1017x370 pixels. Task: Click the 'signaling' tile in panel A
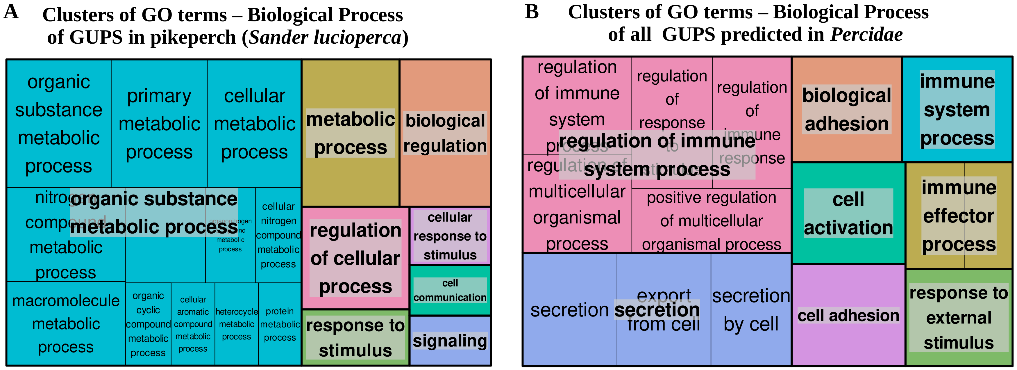point(450,340)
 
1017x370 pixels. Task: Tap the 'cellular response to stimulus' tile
point(450,236)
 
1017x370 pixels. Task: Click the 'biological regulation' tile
point(445,133)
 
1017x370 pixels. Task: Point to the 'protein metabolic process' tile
point(280,324)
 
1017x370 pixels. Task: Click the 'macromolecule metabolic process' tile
point(66,323)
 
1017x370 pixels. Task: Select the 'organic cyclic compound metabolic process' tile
point(148,324)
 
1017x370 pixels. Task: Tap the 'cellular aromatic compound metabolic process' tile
point(193,324)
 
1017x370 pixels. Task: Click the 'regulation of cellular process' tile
point(355,258)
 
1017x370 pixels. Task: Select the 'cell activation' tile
point(848,214)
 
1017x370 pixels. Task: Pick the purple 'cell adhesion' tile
point(848,315)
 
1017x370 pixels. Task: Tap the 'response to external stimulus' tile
point(959,317)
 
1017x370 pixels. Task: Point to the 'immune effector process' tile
point(959,216)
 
